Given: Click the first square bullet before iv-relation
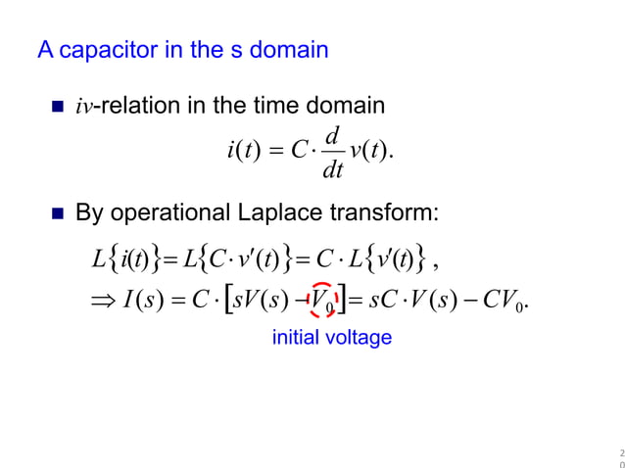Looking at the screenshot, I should point(57,106).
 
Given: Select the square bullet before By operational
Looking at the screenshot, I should point(57,212).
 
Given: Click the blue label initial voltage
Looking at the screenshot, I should point(331,338).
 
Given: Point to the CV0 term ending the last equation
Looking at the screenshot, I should point(509,297).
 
